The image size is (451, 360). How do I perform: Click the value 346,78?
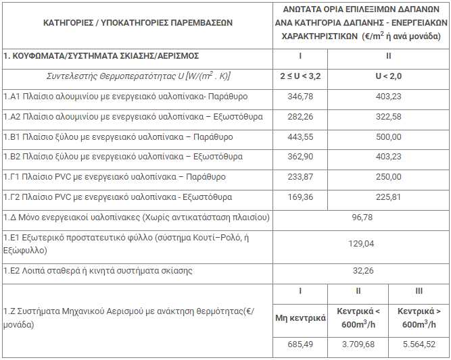click(300, 97)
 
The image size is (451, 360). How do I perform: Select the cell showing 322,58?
click(388, 117)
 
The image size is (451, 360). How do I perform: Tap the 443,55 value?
click(300, 137)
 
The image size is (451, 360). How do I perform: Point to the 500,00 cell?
click(388, 137)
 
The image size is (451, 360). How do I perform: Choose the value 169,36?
click(300, 197)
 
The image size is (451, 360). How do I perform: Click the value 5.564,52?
click(419, 344)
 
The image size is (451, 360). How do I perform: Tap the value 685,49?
click(300, 344)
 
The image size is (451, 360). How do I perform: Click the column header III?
click(419, 291)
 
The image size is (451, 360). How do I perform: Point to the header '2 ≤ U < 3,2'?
click(300, 76)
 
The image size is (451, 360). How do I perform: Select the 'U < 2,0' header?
click(388, 76)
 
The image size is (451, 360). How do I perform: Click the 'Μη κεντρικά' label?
click(300, 318)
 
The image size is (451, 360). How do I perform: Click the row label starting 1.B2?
click(114, 157)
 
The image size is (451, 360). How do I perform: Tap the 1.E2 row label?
click(97, 271)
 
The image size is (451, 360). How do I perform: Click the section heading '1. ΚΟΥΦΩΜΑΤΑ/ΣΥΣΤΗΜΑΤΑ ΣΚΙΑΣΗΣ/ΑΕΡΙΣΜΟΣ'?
click(101, 55)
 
